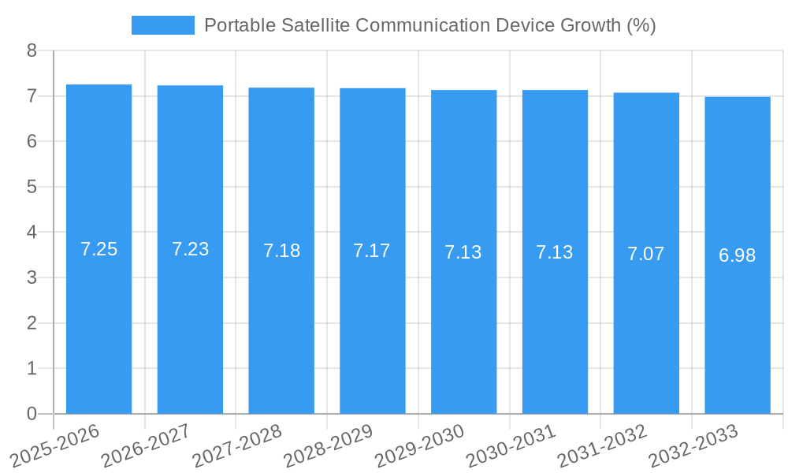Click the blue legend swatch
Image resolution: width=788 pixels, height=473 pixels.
pos(162,25)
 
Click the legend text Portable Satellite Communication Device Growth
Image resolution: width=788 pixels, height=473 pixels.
pos(429,25)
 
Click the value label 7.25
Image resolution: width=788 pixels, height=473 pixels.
pos(98,250)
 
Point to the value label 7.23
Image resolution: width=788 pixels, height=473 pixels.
pos(190,250)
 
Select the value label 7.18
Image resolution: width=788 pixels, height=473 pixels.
pos(281,251)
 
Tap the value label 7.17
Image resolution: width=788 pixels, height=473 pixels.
pos(372,251)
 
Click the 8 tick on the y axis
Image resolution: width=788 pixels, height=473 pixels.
pos(32,51)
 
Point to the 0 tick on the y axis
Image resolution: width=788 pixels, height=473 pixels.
pos(32,414)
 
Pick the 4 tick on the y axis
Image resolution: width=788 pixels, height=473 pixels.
pos(32,233)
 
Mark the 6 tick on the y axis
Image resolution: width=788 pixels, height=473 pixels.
pos(32,142)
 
